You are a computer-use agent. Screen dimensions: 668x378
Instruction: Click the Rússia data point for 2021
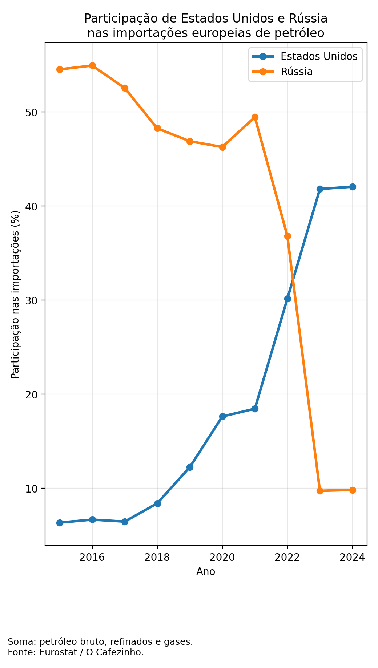pyautogui.click(x=255, y=117)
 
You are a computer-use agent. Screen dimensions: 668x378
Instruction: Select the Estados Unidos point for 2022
pyautogui.click(x=287, y=299)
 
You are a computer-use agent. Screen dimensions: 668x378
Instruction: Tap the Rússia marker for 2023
pyautogui.click(x=320, y=491)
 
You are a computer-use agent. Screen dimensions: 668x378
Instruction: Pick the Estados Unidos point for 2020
pyautogui.click(x=222, y=416)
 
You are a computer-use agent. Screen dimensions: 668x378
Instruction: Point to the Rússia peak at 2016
pyautogui.click(x=92, y=66)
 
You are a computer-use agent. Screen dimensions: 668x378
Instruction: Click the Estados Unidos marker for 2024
pyautogui.click(x=352, y=187)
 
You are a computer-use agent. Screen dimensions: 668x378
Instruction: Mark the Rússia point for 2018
pyautogui.click(x=157, y=128)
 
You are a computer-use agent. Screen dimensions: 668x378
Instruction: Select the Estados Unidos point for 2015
pyautogui.click(x=60, y=523)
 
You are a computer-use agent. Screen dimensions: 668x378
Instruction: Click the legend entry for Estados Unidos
pyautogui.click(x=319, y=57)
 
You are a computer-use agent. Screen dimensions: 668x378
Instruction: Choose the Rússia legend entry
pyautogui.click(x=297, y=72)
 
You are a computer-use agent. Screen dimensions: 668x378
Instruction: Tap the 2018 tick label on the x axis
pyautogui.click(x=157, y=557)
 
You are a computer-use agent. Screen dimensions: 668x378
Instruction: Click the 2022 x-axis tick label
pyautogui.click(x=287, y=557)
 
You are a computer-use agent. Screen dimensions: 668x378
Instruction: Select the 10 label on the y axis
pyautogui.click(x=33, y=489)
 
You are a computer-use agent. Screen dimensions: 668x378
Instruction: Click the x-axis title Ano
pyautogui.click(x=206, y=572)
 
